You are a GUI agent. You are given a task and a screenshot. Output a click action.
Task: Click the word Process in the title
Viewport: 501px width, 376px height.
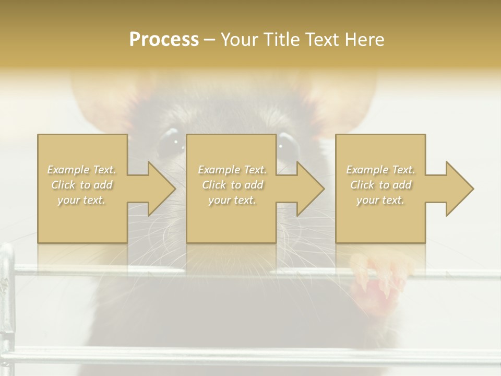(164, 40)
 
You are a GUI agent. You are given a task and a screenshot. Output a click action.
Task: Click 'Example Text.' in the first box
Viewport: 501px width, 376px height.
(82, 170)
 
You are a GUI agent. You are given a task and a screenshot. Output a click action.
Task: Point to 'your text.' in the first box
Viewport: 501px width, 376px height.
(82, 200)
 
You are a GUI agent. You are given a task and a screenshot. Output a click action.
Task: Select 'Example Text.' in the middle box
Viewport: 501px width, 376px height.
(232, 170)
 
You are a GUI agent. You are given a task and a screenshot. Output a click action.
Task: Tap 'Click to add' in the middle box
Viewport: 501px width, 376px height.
(232, 185)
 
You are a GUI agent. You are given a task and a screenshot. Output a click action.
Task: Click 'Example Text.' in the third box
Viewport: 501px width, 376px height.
(380, 170)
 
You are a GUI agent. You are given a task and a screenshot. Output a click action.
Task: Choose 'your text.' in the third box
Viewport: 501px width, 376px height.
(380, 200)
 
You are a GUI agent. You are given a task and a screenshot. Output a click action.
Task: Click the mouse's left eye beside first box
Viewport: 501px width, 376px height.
(170, 142)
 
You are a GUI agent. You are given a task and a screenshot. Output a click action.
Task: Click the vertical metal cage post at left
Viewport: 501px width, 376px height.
(7, 303)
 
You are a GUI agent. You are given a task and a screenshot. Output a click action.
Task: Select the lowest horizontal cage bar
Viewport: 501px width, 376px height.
(250, 355)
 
